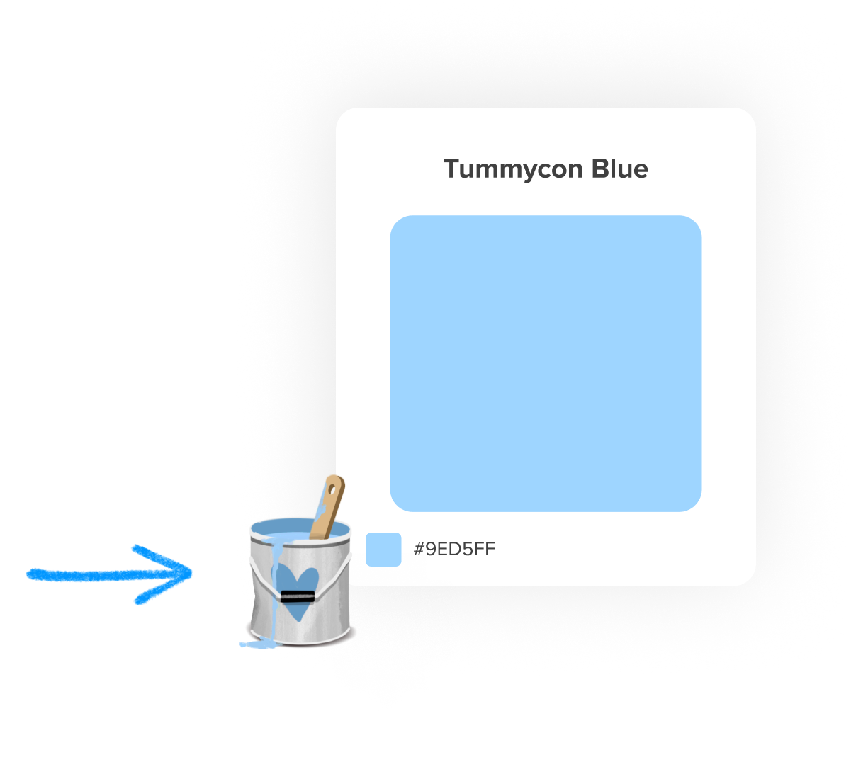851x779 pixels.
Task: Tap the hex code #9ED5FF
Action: [454, 549]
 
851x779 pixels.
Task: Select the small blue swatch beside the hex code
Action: [383, 550]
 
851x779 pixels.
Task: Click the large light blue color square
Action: [546, 363]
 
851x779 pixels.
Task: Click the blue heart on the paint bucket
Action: [296, 584]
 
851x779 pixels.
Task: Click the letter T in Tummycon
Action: [451, 169]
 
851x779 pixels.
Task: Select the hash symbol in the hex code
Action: [419, 549]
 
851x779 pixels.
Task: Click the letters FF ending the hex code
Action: [485, 549]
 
